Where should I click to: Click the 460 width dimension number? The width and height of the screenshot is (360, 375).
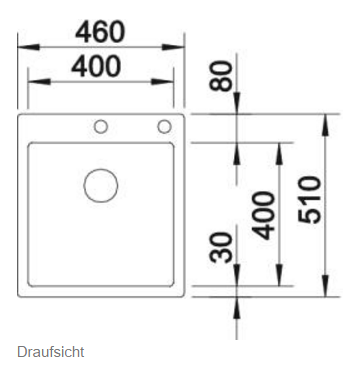pyautogui.click(x=100, y=32)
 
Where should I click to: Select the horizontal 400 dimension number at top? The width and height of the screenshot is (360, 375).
pyautogui.click(x=96, y=66)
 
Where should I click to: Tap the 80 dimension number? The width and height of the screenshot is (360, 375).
pyautogui.click(x=220, y=76)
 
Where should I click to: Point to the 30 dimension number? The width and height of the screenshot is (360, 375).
pyautogui.click(x=220, y=247)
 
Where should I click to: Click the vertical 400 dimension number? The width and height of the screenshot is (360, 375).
pyautogui.click(x=263, y=215)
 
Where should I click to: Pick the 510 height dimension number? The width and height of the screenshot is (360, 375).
pyautogui.click(x=310, y=200)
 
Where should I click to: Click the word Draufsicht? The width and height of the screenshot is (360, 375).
pyautogui.click(x=51, y=352)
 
